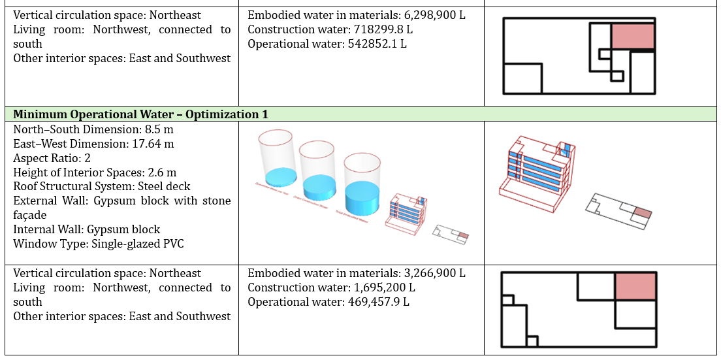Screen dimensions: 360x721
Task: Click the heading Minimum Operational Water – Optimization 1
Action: pyautogui.click(x=140, y=114)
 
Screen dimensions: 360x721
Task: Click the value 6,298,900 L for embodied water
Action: pyautogui.click(x=432, y=15)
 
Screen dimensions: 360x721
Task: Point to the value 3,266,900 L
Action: pyautogui.click(x=432, y=273)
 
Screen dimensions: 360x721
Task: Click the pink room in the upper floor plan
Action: pyautogui.click(x=632, y=37)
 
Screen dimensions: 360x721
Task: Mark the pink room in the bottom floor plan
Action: pyautogui.click(x=635, y=287)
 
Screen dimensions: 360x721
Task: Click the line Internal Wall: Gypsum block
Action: pyautogui.click(x=86, y=229)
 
